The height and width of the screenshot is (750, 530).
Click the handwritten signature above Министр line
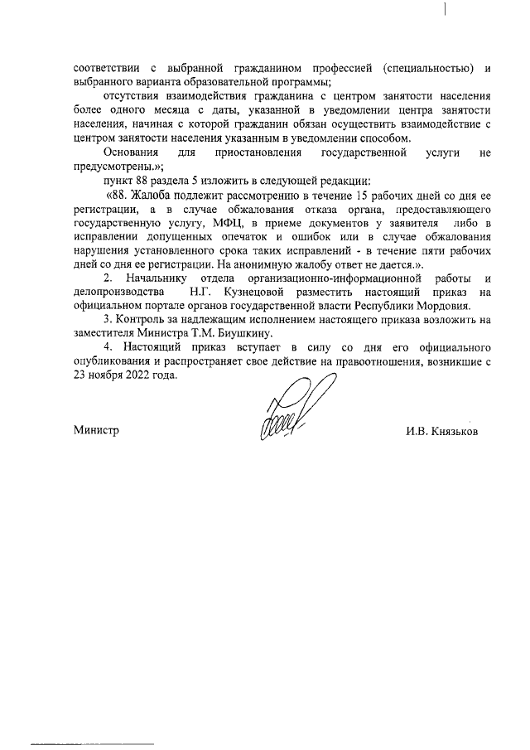286,407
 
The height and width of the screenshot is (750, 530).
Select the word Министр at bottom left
96,431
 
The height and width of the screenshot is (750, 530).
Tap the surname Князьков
442,431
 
